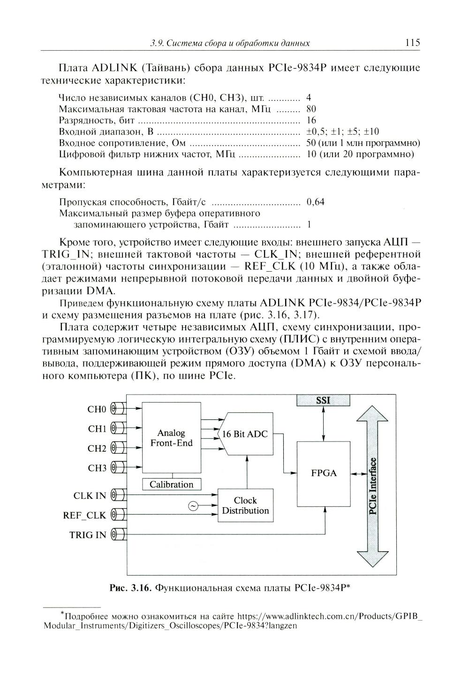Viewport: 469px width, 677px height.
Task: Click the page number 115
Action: [x=412, y=43]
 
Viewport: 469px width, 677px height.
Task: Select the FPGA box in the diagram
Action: [x=324, y=473]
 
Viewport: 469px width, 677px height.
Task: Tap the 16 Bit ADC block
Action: [x=245, y=434]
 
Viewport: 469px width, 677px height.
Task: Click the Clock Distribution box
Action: [x=245, y=505]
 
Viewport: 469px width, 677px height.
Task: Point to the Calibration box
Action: [x=171, y=484]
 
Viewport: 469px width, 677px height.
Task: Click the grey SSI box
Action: [x=323, y=400]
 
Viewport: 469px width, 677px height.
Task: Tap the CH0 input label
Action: [x=97, y=409]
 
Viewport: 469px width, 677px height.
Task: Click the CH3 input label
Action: [x=97, y=468]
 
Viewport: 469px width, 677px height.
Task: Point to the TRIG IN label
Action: [x=88, y=535]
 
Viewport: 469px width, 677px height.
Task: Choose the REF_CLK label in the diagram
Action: [x=84, y=515]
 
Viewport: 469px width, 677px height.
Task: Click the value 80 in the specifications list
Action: [x=311, y=109]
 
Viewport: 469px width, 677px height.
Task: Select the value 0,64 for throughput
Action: [x=315, y=202]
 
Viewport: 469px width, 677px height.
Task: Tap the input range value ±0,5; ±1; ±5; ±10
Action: [x=342, y=131]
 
